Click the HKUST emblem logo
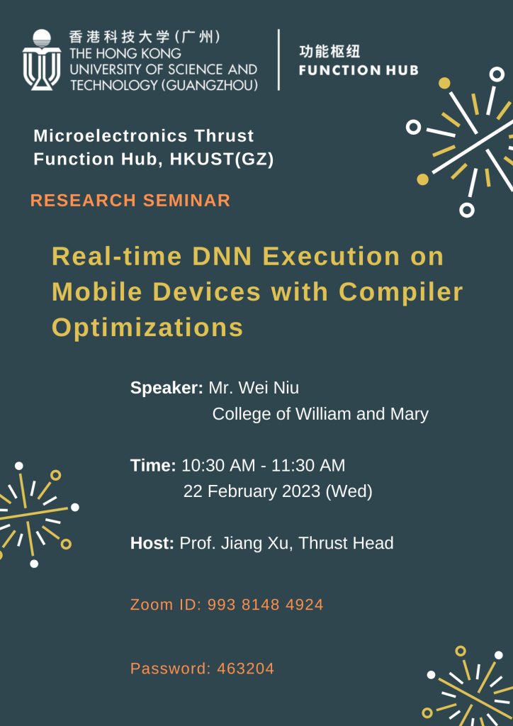coord(42,60)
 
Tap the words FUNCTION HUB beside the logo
coord(359,70)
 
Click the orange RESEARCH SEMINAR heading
coord(130,201)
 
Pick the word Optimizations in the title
coord(147,327)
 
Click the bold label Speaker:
coord(167,388)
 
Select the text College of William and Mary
coord(320,414)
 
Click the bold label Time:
coord(153,466)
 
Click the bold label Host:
coord(152,544)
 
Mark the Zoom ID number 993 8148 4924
coord(265,605)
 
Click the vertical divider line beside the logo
coord(278,60)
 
